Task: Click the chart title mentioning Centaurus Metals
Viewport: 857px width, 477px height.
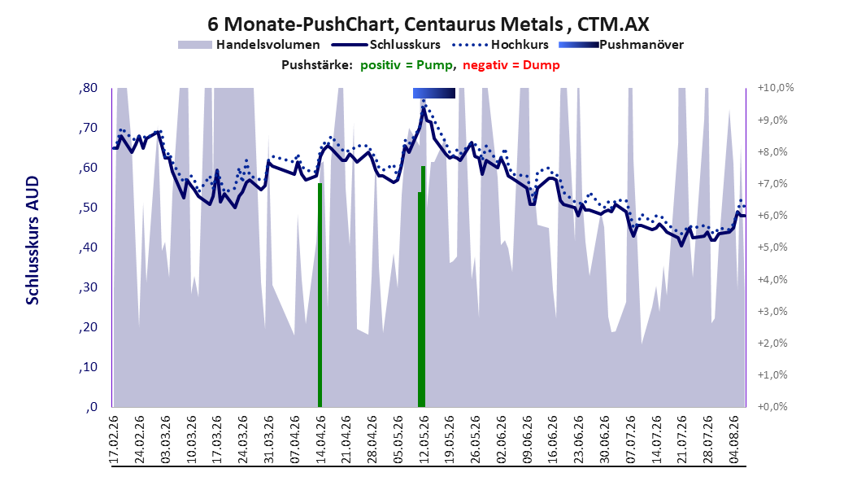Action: pos(428,24)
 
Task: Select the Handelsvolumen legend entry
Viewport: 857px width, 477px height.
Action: pos(250,45)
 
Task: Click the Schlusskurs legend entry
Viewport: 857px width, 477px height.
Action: pos(386,45)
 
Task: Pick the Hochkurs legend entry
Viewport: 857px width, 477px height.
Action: pos(498,45)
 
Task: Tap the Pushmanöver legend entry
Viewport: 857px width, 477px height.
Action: pos(621,45)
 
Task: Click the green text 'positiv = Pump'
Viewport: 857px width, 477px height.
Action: pos(407,65)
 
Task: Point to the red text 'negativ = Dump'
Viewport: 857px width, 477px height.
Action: pos(511,65)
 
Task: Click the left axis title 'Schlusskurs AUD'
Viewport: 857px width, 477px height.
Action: pos(33,240)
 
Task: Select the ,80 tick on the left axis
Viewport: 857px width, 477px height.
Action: pos(88,88)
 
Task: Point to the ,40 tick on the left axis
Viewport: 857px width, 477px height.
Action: pos(88,247)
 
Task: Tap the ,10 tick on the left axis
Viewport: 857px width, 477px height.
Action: pos(88,367)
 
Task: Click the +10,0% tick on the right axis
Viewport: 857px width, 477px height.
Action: pos(776,88)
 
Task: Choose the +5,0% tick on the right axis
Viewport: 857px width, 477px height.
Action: pos(772,247)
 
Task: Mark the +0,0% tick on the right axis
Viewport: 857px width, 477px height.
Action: pos(772,407)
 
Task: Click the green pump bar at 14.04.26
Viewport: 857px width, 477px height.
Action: pos(320,295)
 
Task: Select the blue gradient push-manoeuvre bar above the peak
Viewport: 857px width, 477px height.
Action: pos(434,93)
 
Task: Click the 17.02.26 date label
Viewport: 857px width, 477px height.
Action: pos(114,440)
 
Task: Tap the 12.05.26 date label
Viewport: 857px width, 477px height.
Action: pos(424,440)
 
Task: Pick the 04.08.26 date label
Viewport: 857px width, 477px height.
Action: pos(733,440)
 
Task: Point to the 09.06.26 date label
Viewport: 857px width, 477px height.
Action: pos(527,440)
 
